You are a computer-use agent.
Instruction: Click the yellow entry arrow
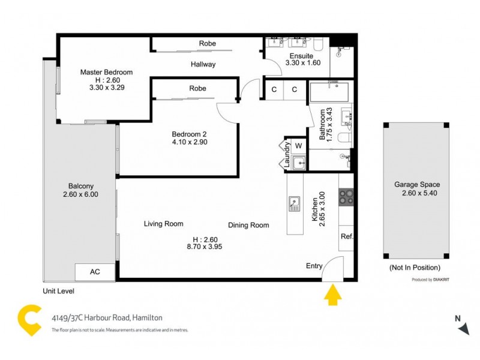tap(332, 295)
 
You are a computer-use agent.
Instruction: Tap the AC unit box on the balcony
tap(95, 272)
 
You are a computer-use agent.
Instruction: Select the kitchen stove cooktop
tap(347, 197)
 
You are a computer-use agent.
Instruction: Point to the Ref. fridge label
tap(347, 236)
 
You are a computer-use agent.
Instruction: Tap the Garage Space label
tap(416, 185)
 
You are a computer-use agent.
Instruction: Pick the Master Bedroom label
tap(106, 72)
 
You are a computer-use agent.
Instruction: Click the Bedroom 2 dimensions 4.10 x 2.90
tap(190, 142)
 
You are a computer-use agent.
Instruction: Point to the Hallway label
tap(203, 65)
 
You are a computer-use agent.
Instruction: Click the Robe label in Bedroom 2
tap(197, 88)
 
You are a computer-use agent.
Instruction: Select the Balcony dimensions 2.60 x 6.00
tap(80, 194)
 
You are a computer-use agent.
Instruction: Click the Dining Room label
tap(248, 225)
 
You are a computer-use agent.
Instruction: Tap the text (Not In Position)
tap(415, 267)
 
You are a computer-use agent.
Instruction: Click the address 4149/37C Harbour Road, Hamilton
tap(107, 318)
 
